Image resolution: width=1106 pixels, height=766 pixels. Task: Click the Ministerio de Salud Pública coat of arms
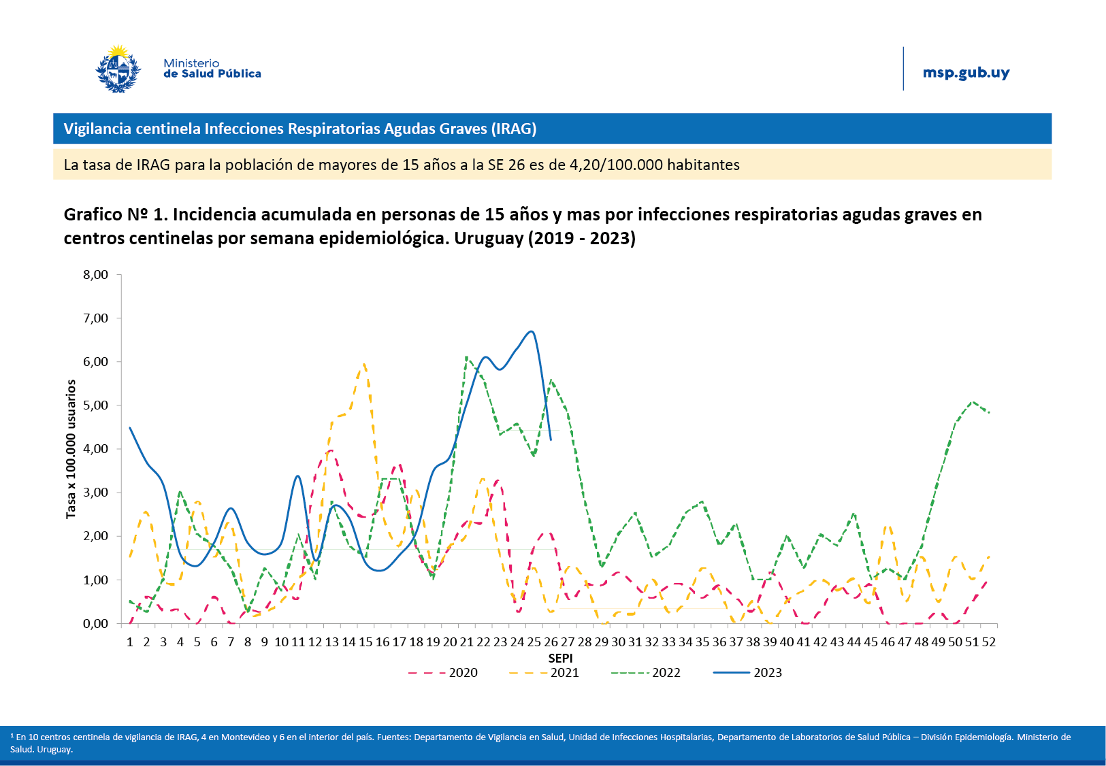[118, 69]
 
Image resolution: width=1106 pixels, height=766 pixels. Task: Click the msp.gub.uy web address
[966, 73]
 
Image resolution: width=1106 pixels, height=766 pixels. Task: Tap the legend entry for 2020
[463, 673]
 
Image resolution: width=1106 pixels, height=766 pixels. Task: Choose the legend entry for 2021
[564, 673]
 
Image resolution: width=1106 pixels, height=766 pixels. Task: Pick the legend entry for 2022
[666, 673]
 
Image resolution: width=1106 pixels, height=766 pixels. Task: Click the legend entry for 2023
[767, 673]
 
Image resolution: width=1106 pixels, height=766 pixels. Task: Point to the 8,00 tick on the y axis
[96, 275]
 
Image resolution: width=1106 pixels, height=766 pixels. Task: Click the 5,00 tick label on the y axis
[96, 405]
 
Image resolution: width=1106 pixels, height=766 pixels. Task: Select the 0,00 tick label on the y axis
[96, 624]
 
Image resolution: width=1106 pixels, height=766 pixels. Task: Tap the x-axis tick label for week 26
[551, 642]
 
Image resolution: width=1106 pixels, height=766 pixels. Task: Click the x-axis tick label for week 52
[988, 642]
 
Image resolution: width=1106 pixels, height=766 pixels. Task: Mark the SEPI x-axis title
[560, 658]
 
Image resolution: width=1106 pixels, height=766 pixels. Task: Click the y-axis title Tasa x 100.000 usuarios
[71, 449]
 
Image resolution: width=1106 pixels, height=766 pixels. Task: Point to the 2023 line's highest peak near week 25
[532, 332]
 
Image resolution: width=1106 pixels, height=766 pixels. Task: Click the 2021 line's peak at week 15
[365, 364]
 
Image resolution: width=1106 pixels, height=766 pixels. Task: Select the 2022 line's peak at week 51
[973, 401]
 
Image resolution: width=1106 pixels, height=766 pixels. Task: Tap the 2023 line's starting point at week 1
[130, 428]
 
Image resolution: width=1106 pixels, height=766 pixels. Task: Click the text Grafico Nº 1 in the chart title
[115, 214]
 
